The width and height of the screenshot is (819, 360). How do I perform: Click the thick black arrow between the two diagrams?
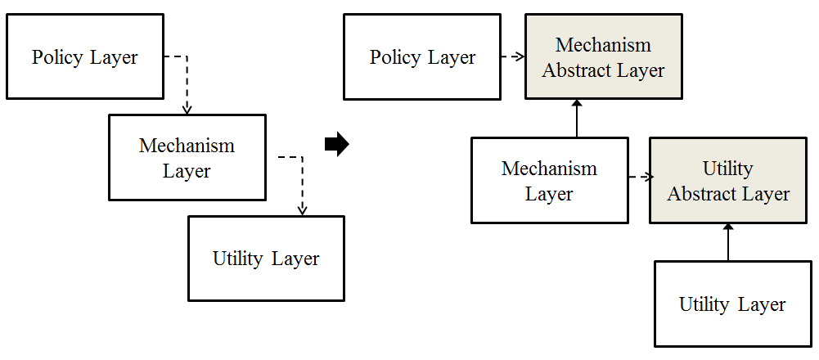336,145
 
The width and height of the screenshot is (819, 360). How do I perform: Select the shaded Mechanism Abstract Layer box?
603,56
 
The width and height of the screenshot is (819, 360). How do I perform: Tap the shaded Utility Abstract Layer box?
728,181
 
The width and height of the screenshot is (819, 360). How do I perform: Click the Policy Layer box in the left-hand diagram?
84,57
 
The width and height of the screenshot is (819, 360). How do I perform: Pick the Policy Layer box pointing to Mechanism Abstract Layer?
422,57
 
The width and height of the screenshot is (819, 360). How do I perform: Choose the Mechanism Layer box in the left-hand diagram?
187,158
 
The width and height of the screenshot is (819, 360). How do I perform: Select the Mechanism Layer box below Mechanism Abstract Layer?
549,181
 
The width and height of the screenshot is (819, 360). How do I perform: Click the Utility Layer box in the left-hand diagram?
266,259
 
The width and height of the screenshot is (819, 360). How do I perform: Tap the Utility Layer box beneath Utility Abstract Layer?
731,304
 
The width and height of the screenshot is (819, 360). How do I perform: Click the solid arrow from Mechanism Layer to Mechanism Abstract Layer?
577,119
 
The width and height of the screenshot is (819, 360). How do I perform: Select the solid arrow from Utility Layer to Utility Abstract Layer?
728,242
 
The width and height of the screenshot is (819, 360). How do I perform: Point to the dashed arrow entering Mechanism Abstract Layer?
512,57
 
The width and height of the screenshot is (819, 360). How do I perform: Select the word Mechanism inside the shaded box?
603,44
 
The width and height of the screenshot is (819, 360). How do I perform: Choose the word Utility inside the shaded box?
727,169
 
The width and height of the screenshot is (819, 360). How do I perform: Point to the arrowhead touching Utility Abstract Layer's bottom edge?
728,227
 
